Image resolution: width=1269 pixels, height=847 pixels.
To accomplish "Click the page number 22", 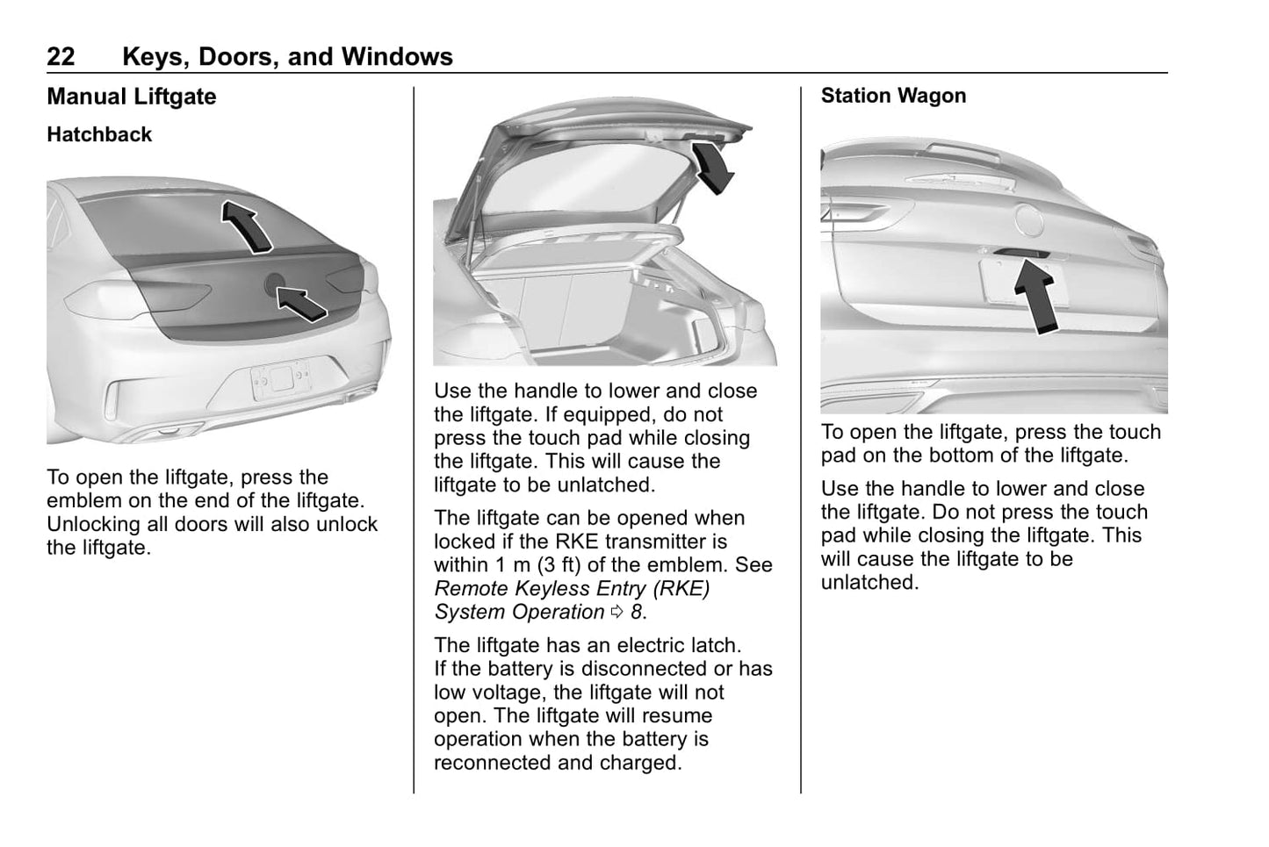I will coord(61,57).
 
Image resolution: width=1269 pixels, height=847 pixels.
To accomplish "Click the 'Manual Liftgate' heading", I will coord(132,97).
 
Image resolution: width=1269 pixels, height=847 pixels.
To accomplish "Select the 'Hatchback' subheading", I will coord(99,134).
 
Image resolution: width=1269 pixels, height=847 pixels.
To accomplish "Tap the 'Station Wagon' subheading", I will coord(893,96).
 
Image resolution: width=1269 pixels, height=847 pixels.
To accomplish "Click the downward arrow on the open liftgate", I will coord(711,167).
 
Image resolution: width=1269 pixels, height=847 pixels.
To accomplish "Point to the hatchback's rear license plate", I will coord(280,379).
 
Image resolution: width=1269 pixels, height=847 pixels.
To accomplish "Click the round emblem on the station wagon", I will coord(1028,219).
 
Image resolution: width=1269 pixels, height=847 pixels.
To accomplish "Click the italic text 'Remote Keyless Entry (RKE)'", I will coord(572,589).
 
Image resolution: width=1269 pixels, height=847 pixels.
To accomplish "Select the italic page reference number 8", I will coord(636,613).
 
